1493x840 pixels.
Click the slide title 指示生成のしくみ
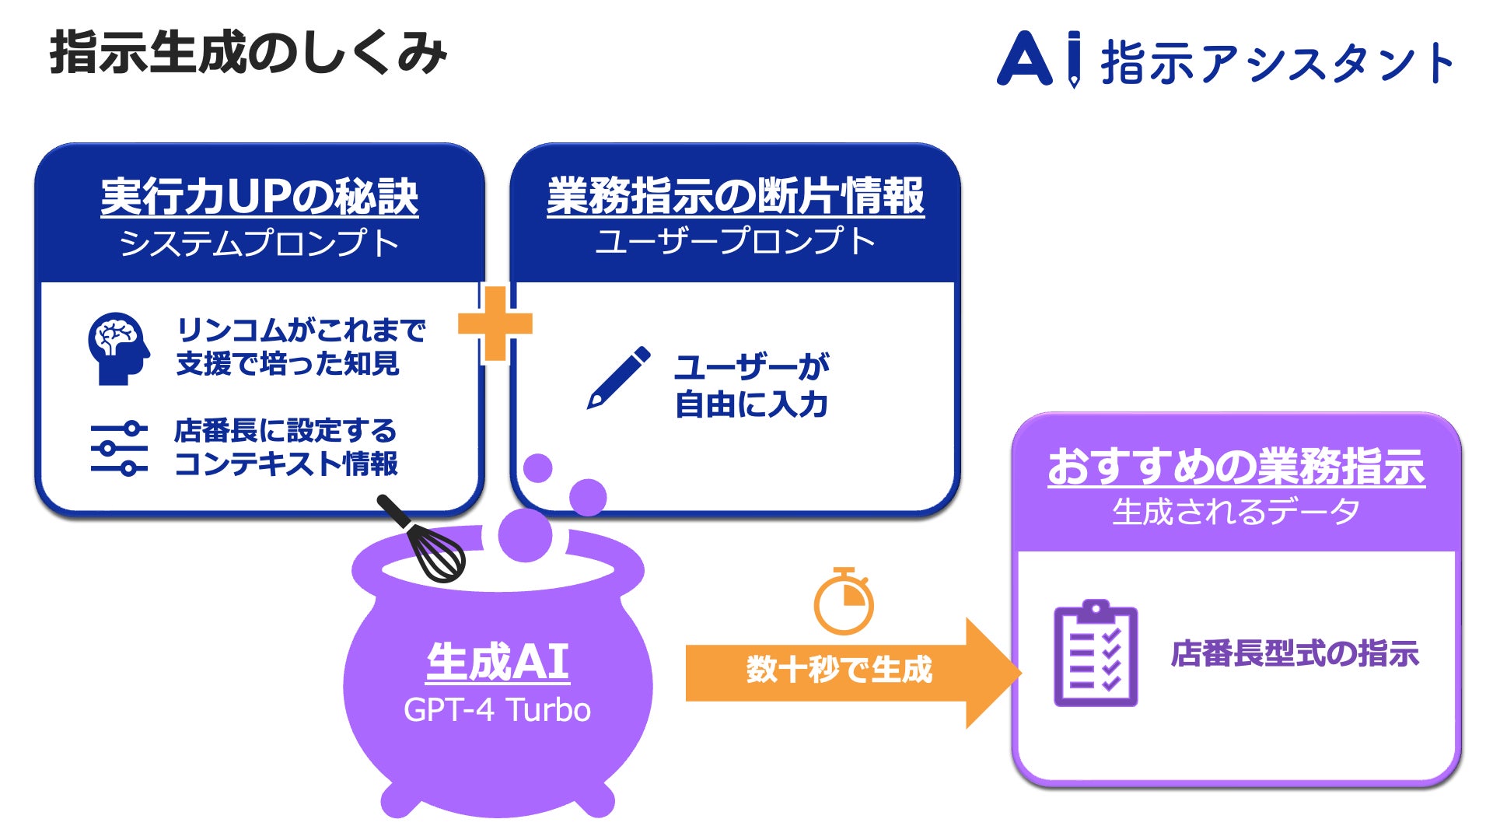[248, 53]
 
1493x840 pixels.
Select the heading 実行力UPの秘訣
[259, 197]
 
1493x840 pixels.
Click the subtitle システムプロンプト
[259, 243]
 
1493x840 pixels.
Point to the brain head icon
[117, 348]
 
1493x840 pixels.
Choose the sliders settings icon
[118, 449]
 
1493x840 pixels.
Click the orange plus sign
[495, 324]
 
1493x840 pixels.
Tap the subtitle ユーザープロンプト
[735, 241]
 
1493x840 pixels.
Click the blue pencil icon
[618, 378]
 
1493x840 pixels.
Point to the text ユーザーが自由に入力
[751, 386]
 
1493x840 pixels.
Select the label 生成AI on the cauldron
[498, 663]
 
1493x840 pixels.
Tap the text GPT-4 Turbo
[498, 710]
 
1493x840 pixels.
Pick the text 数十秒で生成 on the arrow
[839, 670]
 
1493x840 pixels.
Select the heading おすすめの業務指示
[1236, 467]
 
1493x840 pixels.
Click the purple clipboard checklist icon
[1096, 653]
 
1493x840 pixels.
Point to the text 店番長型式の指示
[1295, 653]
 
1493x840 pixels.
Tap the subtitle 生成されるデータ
[1236, 512]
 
